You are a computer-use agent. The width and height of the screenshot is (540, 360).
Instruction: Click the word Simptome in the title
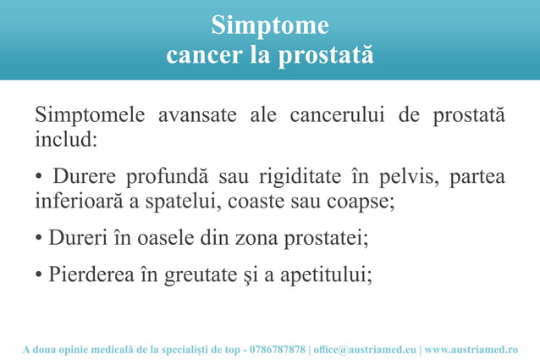pyautogui.click(x=269, y=25)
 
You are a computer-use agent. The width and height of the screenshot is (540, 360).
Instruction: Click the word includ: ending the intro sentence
pyautogui.click(x=66, y=137)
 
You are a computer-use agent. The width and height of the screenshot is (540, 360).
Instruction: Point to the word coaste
pyautogui.click(x=253, y=202)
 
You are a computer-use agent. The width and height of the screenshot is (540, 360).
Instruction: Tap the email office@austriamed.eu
pyautogui.click(x=365, y=349)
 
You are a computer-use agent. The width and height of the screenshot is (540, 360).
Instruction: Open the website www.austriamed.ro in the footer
pyautogui.click(x=471, y=349)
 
